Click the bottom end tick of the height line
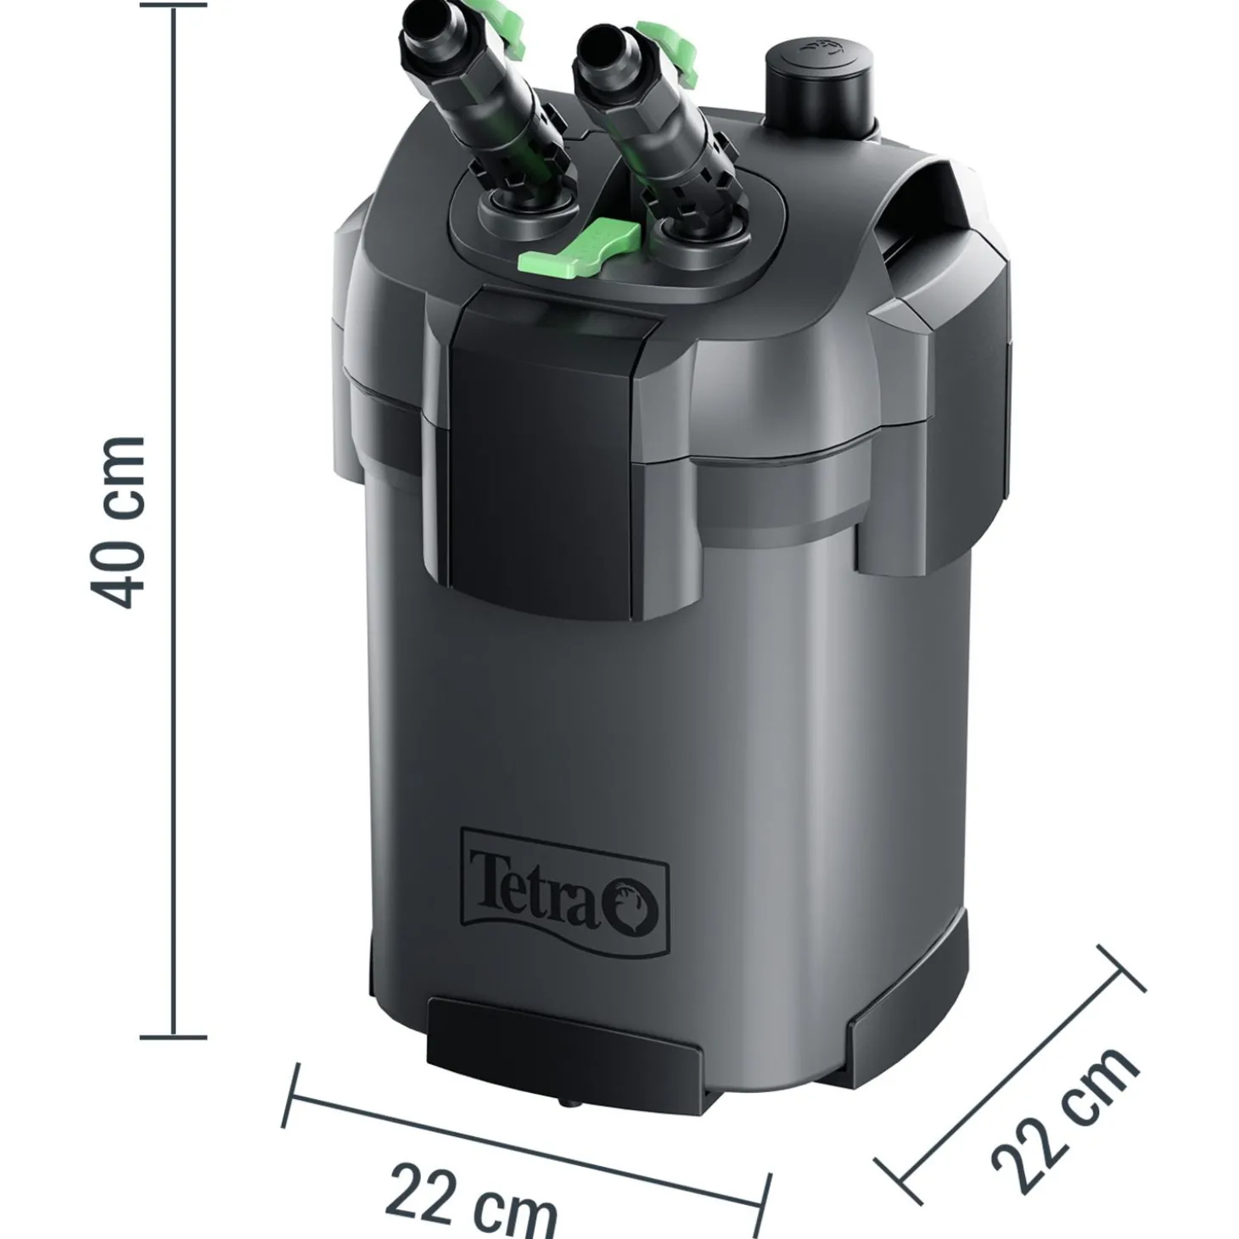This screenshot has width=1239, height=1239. [175, 1036]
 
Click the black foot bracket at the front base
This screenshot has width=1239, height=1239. [563, 1045]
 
